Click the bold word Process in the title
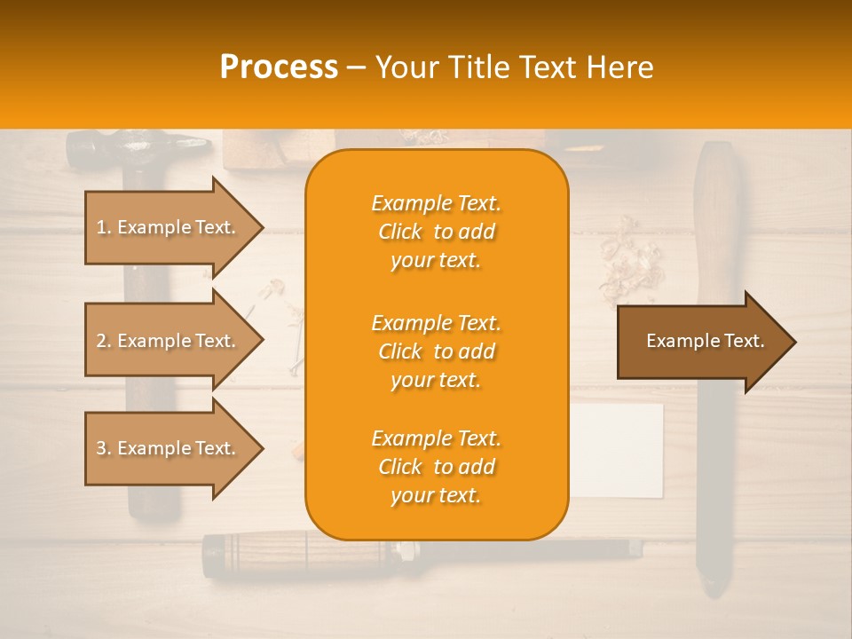click(279, 67)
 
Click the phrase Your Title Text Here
click(514, 67)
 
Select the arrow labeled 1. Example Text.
click(169, 227)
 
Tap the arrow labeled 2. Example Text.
click(169, 341)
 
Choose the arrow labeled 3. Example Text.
click(169, 448)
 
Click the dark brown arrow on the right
click(701, 342)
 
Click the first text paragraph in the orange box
click(436, 232)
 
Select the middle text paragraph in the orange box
click(436, 351)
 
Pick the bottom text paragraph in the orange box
click(436, 467)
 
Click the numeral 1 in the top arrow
click(101, 227)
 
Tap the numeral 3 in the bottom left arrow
click(101, 448)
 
